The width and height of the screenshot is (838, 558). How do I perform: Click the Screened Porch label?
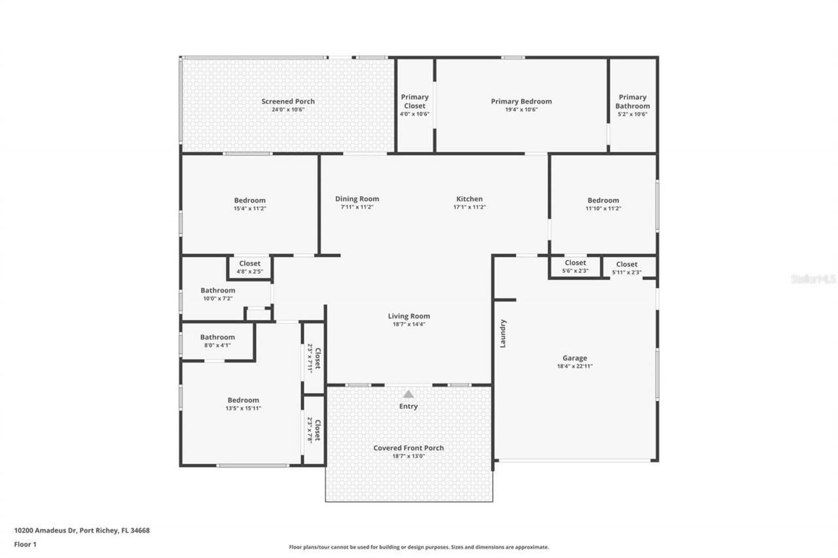288,101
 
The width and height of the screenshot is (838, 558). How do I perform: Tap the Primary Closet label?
414,101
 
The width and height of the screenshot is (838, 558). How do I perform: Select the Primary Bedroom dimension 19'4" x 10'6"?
521,110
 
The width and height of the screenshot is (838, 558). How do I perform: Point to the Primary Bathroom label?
632,101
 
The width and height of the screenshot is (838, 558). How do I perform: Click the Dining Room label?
357,199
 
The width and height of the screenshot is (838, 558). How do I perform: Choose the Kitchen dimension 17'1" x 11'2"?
469,207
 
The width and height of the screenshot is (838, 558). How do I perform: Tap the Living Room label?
409,316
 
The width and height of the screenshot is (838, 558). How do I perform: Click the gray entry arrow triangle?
409,394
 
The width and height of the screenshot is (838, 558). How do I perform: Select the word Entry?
409,406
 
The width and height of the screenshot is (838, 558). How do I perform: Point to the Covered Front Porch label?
409,448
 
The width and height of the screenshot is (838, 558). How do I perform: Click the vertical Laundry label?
503,333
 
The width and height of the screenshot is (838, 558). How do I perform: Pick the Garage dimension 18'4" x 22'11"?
575,366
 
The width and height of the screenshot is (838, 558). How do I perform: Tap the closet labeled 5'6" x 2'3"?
575,267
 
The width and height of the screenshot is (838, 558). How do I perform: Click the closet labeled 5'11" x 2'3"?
627,268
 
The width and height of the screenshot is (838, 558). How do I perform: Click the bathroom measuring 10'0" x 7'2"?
217,294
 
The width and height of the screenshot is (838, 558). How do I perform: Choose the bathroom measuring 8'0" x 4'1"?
217,341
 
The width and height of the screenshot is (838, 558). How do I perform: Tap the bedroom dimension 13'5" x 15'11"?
243,408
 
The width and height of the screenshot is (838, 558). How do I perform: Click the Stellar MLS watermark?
813,279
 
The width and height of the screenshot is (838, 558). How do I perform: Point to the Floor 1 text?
26,544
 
